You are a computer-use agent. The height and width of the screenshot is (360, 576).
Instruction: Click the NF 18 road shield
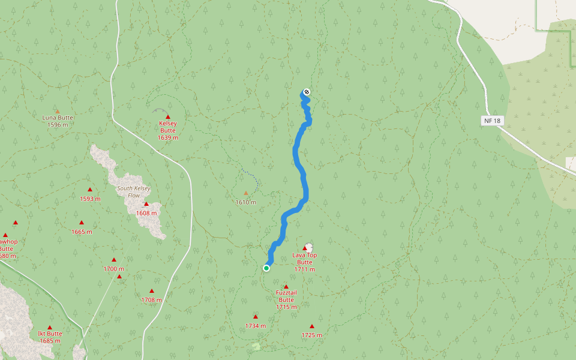tap(491, 121)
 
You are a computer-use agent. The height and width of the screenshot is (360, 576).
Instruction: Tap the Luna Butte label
tap(57, 118)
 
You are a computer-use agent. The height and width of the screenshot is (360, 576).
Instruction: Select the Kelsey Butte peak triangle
tap(168, 117)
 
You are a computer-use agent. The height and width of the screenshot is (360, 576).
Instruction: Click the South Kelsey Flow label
tap(134, 191)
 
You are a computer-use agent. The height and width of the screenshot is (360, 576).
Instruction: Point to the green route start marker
tap(266, 268)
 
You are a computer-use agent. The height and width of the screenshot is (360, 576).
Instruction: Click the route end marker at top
tap(307, 92)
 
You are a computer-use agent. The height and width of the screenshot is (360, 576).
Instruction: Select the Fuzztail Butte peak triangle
tap(286, 287)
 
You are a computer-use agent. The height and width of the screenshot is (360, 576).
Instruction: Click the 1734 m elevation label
tap(255, 326)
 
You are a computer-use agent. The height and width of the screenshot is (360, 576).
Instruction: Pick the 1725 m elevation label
tap(311, 335)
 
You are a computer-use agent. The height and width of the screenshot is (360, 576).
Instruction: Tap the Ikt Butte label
tap(50, 334)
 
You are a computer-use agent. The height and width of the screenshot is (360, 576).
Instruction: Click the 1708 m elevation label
tap(151, 299)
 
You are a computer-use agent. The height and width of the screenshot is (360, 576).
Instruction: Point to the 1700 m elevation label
tap(113, 269)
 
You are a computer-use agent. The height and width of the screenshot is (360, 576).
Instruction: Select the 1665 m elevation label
tap(82, 232)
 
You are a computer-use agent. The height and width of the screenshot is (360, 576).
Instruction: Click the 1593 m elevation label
tap(90, 199)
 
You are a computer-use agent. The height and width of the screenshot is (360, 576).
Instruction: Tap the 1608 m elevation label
tap(146, 213)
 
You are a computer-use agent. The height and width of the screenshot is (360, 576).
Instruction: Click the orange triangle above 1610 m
tap(245, 193)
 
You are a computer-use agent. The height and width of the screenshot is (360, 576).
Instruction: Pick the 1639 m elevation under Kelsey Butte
tap(168, 137)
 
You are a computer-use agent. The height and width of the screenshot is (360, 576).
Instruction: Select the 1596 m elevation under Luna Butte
tap(57, 125)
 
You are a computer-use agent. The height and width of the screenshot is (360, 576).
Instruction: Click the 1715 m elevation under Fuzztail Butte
tap(286, 307)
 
